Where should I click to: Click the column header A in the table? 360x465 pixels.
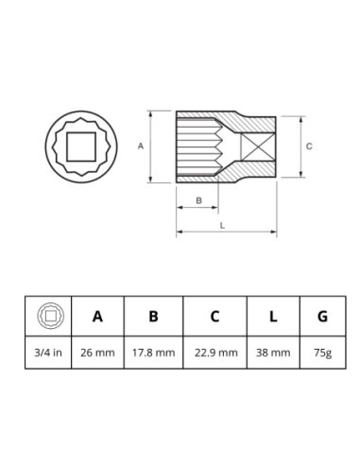pyautogui.click(x=97, y=316)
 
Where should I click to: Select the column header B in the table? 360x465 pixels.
pyautogui.click(x=153, y=316)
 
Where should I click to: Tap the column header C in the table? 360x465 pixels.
pyautogui.click(x=214, y=316)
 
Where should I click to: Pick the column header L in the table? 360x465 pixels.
pyautogui.click(x=273, y=316)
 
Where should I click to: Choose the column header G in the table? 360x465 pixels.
pyautogui.click(x=322, y=316)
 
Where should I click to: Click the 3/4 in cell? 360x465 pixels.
pyautogui.click(x=48, y=353)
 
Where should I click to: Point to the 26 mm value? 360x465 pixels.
pyautogui.click(x=97, y=353)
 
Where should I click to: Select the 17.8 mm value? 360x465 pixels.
pyautogui.click(x=153, y=353)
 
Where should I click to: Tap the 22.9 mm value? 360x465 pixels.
pyautogui.click(x=215, y=353)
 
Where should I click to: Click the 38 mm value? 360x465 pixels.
pyautogui.click(x=273, y=353)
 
